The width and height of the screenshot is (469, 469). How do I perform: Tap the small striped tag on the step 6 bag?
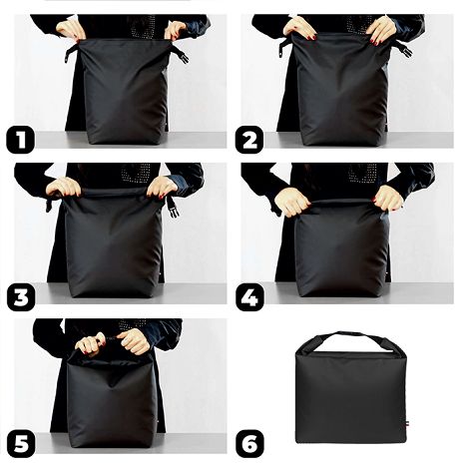click(408, 425)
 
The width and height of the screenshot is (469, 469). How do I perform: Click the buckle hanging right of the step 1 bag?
click(181, 54)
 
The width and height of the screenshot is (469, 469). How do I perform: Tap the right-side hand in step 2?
click(381, 31)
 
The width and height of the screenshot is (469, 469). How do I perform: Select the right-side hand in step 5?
click(134, 341)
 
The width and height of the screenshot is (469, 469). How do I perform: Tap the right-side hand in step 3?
click(162, 186)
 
